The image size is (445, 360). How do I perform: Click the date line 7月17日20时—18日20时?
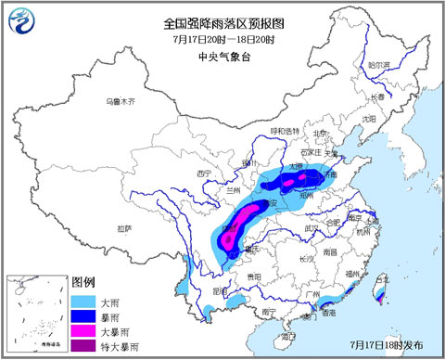pyautogui.click(x=222, y=40)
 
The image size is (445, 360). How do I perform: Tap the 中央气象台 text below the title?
pyautogui.click(x=222, y=56)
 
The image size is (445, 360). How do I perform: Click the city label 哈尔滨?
pyautogui.click(x=379, y=65)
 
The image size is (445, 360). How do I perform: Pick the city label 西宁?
pyautogui.click(x=205, y=174)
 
